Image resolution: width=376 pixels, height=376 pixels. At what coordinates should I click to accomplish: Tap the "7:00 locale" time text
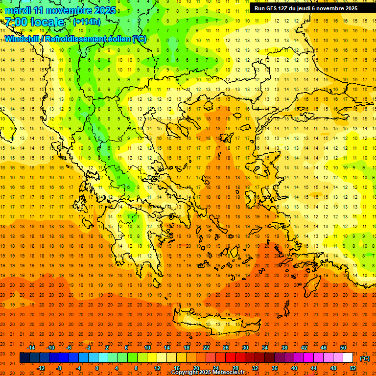click(34, 22)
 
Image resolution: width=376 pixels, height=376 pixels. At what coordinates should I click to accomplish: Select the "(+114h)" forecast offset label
click(87, 22)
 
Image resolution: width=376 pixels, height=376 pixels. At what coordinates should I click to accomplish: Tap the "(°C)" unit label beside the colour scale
click(364, 358)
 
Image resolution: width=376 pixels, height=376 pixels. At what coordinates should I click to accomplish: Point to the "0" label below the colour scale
click(97, 368)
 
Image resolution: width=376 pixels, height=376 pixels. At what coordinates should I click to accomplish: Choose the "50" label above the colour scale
click(343, 348)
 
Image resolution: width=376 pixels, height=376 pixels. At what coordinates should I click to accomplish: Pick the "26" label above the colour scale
click(226, 348)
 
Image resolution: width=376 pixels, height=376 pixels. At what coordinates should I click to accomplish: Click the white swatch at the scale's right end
click(348, 358)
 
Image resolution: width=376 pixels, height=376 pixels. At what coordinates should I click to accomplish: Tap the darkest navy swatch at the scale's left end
click(24, 358)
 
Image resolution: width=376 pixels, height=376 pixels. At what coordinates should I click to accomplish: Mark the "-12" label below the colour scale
click(41, 368)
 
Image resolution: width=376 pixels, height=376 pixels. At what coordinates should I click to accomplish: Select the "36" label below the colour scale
click(274, 368)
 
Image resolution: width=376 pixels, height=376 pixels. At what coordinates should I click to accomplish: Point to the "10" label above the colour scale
click(147, 348)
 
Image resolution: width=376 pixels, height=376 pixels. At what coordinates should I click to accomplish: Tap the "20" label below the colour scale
click(196, 368)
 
